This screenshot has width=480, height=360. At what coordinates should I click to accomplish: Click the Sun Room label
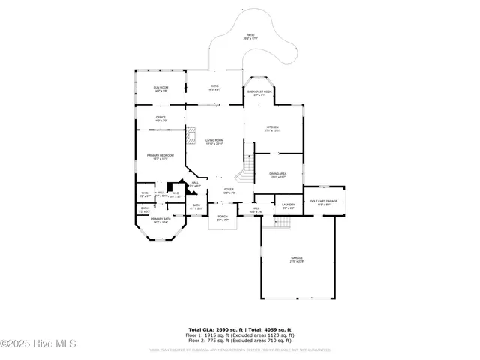(160, 88)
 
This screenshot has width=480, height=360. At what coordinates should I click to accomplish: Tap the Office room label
(160, 118)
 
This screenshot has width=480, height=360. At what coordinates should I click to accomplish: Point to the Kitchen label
(273, 129)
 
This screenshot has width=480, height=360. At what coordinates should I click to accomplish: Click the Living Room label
(215, 142)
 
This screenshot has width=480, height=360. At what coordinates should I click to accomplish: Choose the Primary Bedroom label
(160, 157)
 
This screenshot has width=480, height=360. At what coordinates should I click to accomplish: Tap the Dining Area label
(277, 175)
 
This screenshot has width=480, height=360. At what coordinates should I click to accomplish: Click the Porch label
(222, 218)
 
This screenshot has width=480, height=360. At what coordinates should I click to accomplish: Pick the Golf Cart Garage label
(323, 202)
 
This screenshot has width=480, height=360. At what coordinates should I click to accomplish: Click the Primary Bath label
(161, 220)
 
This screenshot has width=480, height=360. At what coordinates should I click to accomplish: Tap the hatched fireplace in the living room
(191, 136)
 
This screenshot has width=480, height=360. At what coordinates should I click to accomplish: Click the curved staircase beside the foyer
(245, 174)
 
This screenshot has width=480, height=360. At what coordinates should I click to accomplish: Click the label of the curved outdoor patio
(250, 36)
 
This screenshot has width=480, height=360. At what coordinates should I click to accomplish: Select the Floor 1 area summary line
(240, 335)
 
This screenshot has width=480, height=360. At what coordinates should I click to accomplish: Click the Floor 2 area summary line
(240, 340)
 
